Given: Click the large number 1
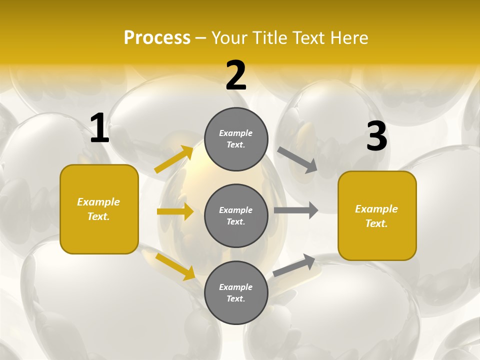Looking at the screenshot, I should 99,128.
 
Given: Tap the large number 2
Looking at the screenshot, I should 236,75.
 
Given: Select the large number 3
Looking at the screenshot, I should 376,136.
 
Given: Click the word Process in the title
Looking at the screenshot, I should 157,37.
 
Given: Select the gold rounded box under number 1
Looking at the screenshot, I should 99,209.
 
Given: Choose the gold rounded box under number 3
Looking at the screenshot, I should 377,215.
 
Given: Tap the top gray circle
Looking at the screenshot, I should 236,139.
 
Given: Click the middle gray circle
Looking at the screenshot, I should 236,215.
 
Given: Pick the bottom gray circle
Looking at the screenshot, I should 236,292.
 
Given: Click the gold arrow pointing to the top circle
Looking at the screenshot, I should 174,159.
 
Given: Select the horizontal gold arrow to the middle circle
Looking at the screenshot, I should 175,211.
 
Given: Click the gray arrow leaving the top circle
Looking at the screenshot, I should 297,159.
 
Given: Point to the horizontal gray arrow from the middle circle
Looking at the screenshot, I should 296,210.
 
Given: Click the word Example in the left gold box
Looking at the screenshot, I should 98,202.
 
